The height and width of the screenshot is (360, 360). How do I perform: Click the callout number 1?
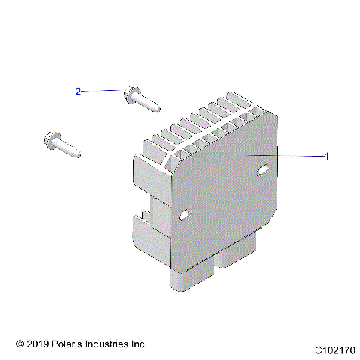326,157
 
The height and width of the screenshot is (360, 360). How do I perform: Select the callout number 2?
78,91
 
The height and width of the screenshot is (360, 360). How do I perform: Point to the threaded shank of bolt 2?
146,103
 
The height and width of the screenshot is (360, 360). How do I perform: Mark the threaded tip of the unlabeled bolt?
75,154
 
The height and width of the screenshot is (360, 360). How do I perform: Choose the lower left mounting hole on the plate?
185,217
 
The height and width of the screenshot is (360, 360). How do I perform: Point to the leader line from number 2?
101,91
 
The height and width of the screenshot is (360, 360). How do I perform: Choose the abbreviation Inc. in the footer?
138,343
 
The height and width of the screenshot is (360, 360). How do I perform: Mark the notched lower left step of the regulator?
142,225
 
